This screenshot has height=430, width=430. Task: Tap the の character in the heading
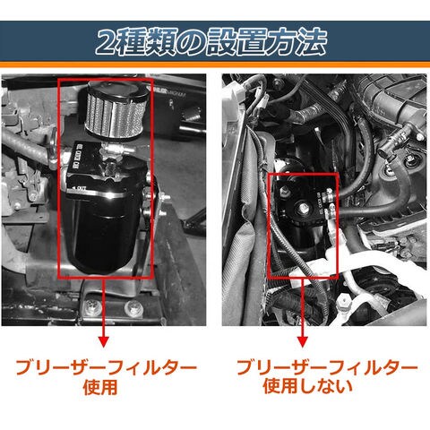[189, 42]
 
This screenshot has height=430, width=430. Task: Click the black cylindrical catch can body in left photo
[105, 233]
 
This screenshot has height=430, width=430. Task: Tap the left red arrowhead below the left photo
[103, 341]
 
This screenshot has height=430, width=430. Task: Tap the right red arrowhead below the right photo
[303, 341]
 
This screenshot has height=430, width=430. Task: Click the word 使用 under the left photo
[100, 387]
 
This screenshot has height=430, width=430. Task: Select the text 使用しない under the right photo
[308, 385]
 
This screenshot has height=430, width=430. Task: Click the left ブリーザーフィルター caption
[107, 367]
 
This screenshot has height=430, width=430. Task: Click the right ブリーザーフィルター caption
[327, 367]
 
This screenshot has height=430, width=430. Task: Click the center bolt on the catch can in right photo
[302, 207]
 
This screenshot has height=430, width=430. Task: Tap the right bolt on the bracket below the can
[132, 306]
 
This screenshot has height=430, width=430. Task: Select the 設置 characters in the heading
[234, 42]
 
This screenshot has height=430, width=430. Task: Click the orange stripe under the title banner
[215, 64]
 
